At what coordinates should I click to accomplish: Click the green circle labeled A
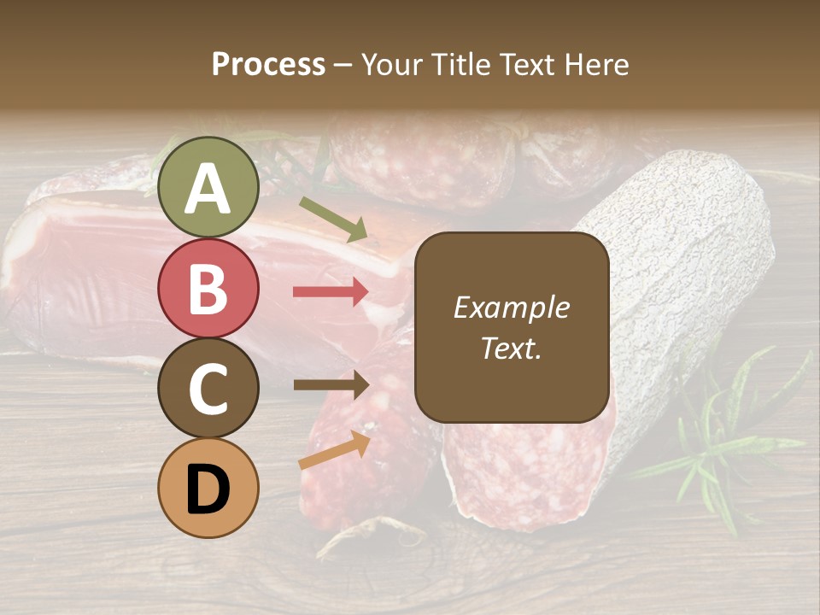point(208,187)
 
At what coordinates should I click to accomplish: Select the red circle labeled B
point(208,288)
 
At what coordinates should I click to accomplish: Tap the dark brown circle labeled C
point(208,389)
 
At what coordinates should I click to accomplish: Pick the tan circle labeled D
point(208,489)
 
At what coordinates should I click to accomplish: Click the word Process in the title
point(268,64)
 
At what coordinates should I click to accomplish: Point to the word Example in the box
point(511,307)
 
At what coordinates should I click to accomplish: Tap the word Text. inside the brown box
point(511,348)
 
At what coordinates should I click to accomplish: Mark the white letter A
point(208,189)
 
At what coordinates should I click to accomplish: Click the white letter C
point(208,389)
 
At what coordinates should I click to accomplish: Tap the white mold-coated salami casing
point(683,256)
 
